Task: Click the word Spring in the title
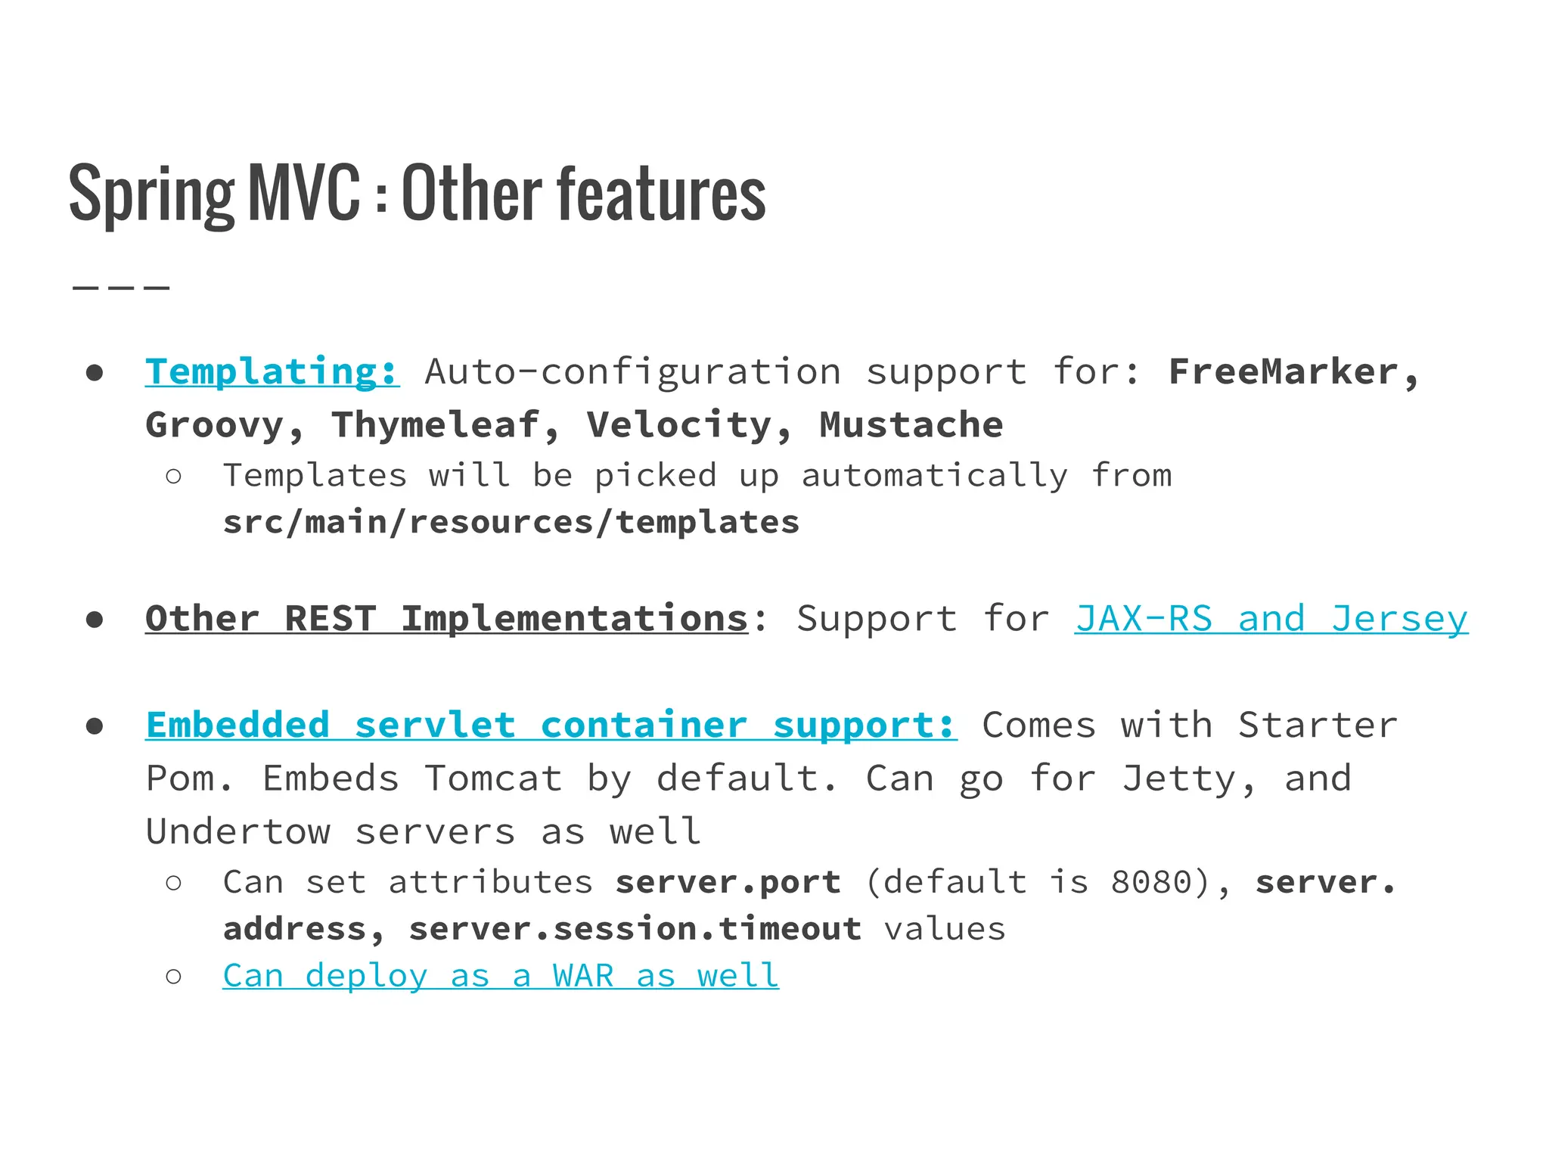151,194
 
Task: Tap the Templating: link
272,371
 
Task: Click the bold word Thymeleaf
436,424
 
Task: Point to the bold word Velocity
679,424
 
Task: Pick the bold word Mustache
911,424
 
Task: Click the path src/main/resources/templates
511,522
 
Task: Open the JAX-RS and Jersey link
1271,619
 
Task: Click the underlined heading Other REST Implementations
446,619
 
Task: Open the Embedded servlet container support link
551,725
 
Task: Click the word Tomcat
493,778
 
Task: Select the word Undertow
238,831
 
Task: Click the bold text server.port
728,882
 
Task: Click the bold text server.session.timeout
635,929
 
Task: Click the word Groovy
215,424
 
